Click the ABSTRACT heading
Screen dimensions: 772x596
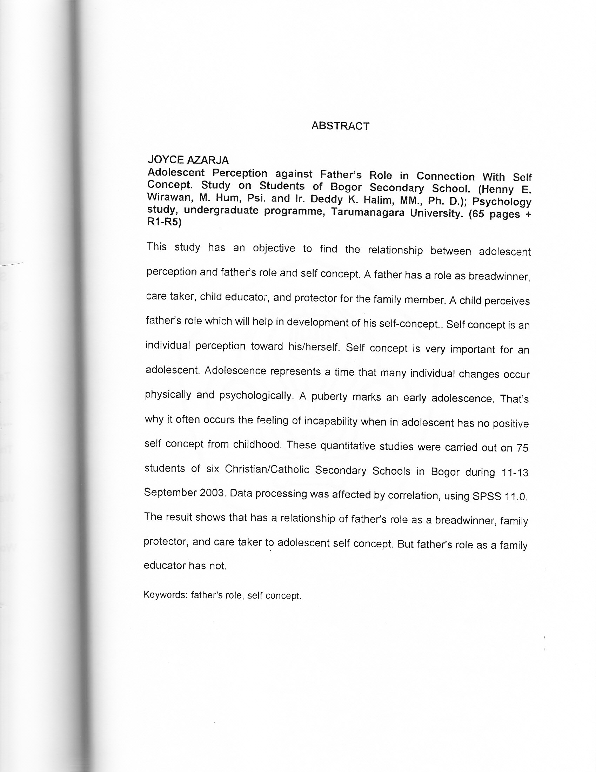[x=340, y=126]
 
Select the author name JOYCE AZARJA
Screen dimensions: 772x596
[x=188, y=160]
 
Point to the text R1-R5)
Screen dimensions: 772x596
[x=164, y=223]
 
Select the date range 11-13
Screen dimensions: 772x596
[x=515, y=473]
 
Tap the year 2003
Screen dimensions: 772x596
[x=212, y=493]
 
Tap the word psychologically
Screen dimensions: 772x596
[x=256, y=396]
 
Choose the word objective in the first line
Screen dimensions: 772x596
[x=274, y=248]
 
